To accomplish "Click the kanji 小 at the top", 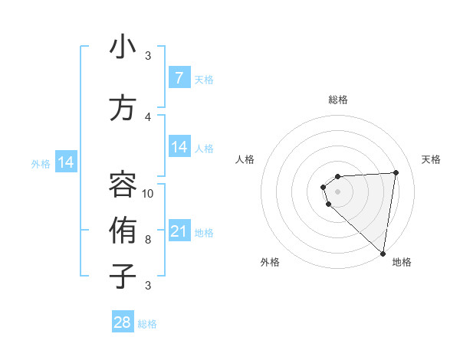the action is coord(123,47).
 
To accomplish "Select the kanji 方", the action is coord(123,108).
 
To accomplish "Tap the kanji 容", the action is coord(123,183).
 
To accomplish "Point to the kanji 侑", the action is coord(123,229).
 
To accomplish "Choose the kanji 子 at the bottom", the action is coord(123,275).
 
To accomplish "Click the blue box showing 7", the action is coord(179,77).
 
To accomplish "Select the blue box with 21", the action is coord(179,231).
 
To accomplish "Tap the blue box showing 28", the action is coord(123,322).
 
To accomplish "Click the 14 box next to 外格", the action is coord(66,162).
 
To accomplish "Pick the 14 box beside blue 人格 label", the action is coord(179,147).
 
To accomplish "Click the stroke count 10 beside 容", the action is coord(148,193).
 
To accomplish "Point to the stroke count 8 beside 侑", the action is coord(148,240).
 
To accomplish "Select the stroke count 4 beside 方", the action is coord(148,116).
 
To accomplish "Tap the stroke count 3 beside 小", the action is coord(148,56).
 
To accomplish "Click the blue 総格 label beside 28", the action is coord(147,324).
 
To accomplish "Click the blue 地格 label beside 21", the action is coord(204,233).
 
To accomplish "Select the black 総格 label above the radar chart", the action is coord(338,100).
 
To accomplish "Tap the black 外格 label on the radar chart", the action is coord(270,262).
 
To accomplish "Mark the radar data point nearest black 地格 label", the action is coord(383,254).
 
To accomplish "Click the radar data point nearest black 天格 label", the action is coord(396,172).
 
